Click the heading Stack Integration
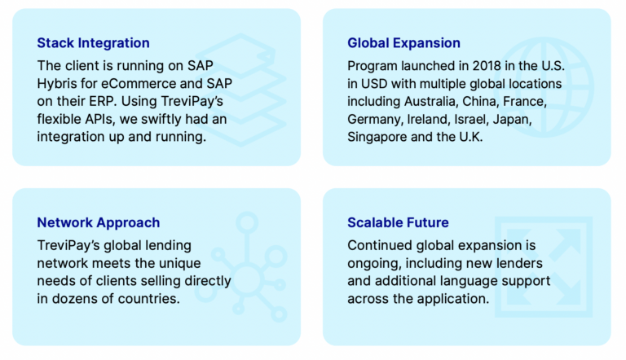(93, 43)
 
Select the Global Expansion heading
(403, 43)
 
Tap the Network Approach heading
(98, 222)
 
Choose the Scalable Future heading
(398, 222)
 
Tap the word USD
(374, 84)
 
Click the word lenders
(519, 263)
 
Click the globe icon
(544, 87)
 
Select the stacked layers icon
(240, 90)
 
